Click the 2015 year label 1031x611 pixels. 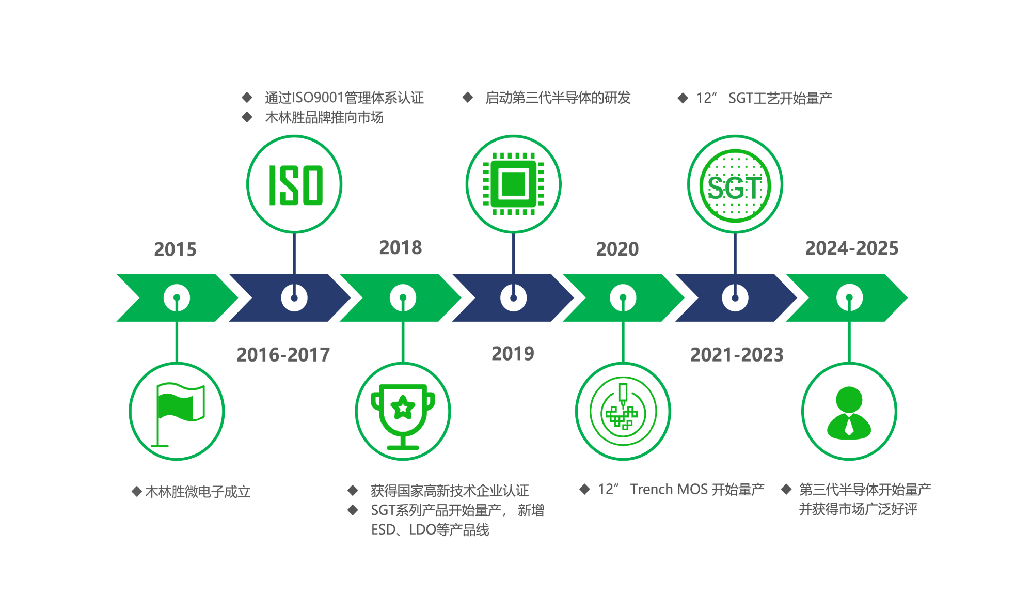click(x=175, y=249)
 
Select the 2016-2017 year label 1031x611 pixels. click(x=283, y=355)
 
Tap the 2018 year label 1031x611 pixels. click(x=401, y=248)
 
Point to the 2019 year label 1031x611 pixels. click(x=513, y=354)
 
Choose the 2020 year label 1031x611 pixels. click(x=617, y=249)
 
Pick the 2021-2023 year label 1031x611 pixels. click(x=737, y=355)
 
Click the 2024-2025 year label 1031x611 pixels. click(x=852, y=248)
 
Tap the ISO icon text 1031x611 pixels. click(x=296, y=185)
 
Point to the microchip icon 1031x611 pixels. click(x=513, y=184)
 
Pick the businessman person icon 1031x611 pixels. click(x=849, y=413)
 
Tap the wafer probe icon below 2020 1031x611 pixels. click(x=623, y=411)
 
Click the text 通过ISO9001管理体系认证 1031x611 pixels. click(x=344, y=98)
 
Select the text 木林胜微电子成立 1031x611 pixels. click(x=198, y=492)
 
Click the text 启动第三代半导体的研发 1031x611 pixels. click(x=558, y=98)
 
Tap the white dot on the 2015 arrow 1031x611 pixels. click(x=177, y=298)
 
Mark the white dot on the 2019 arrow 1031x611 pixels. click(x=513, y=298)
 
